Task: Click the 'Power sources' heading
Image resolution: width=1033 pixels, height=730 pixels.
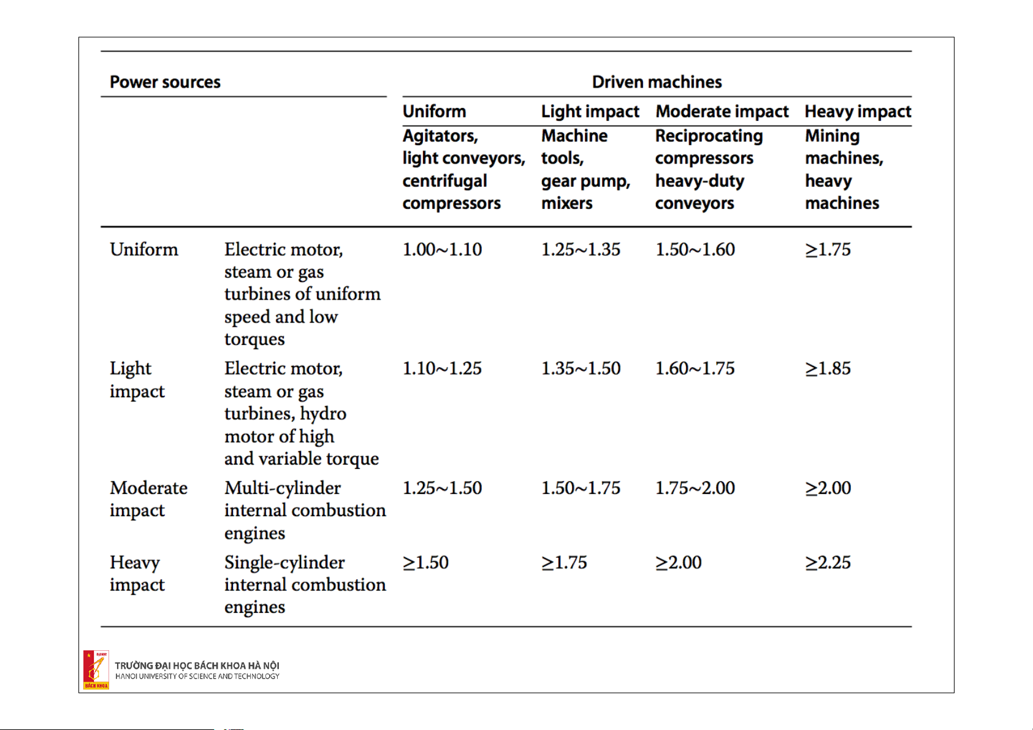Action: [x=165, y=82]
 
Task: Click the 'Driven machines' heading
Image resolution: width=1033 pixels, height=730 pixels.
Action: [x=657, y=82]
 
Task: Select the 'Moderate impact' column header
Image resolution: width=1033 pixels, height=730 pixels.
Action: [x=722, y=112]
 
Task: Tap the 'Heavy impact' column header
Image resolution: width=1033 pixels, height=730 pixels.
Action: [x=858, y=112]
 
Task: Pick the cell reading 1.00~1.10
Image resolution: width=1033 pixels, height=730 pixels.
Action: [x=442, y=249]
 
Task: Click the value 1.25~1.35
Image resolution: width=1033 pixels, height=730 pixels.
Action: [x=581, y=249]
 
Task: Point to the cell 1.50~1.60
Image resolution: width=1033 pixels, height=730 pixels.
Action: [x=695, y=249]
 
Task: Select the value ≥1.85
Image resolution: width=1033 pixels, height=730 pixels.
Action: [x=828, y=368]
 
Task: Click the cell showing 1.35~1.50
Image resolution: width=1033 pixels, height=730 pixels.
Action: [x=581, y=368]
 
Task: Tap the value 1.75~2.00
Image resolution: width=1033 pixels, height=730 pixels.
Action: [x=695, y=488]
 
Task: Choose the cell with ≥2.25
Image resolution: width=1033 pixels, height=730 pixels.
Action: [x=828, y=563]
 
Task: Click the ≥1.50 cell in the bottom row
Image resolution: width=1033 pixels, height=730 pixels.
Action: [x=425, y=563]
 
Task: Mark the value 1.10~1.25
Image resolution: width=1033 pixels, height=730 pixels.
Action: [x=442, y=368]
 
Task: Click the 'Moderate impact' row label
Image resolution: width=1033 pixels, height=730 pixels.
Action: [x=148, y=499]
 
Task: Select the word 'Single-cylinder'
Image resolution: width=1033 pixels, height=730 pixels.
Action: [x=284, y=563]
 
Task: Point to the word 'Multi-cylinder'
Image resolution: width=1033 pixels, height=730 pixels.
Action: [x=283, y=489]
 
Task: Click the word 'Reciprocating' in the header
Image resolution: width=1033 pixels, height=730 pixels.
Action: [x=709, y=137]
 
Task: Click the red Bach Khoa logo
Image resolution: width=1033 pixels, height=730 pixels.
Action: [x=96, y=670]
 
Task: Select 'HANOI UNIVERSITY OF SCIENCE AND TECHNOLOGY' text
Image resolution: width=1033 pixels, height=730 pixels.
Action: [x=197, y=677]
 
